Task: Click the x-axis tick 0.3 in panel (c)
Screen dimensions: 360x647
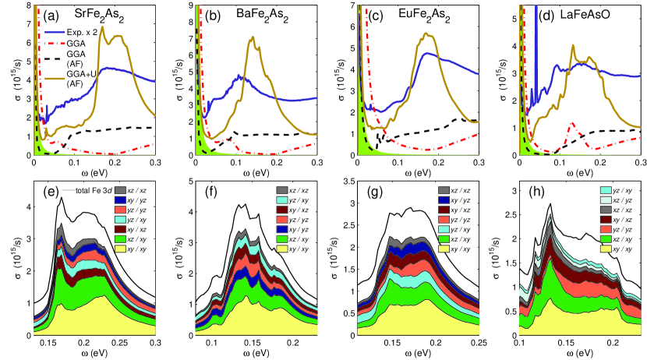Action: pos(477,164)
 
